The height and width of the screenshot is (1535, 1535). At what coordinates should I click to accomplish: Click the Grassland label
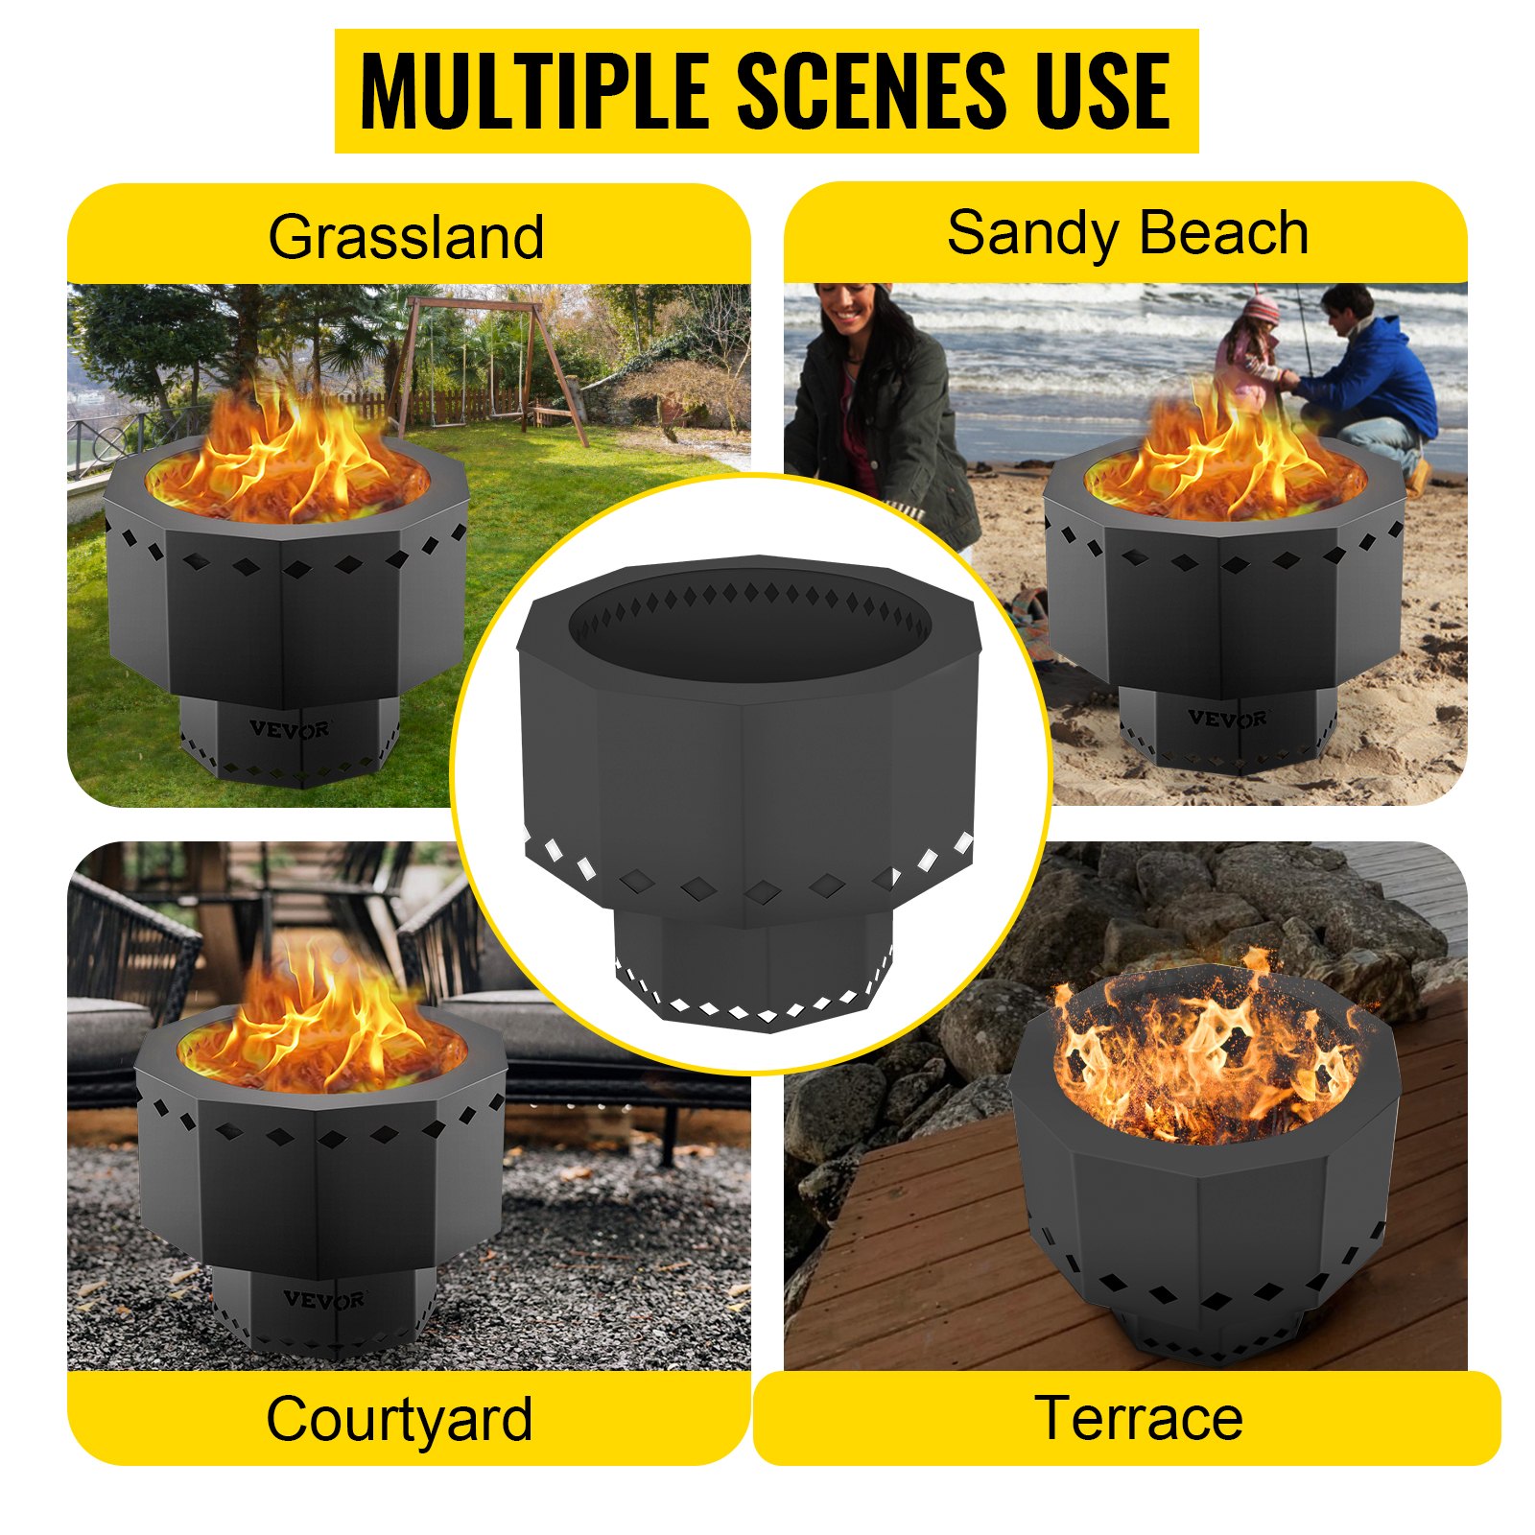pyautogui.click(x=406, y=237)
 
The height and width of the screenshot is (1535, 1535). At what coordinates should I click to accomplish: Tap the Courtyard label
pyautogui.click(x=399, y=1419)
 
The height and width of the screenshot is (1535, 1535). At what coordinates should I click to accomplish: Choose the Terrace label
pyautogui.click(x=1138, y=1418)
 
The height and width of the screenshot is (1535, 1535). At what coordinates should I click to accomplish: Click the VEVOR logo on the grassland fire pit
pyautogui.click(x=290, y=730)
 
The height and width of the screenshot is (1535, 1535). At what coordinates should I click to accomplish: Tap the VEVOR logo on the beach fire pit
pyautogui.click(x=1228, y=718)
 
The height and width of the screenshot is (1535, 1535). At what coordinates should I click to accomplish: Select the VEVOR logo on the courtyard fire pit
pyautogui.click(x=323, y=1300)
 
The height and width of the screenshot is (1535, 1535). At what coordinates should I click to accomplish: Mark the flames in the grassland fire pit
pyautogui.click(x=288, y=460)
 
